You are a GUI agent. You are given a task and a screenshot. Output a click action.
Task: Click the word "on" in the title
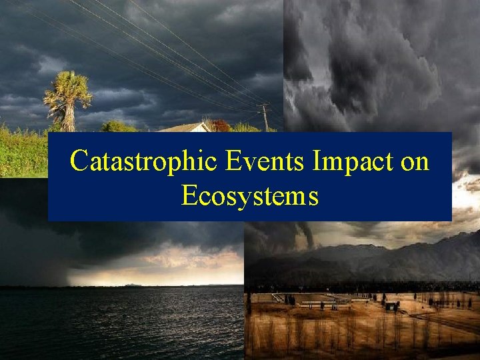415,162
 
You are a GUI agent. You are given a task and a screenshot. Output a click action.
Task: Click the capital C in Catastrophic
79,161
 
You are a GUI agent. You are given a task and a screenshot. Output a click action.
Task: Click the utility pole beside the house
265,118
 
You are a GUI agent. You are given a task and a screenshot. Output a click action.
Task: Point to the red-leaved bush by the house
220,125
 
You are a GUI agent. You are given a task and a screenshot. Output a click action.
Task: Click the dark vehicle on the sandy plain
390,306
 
